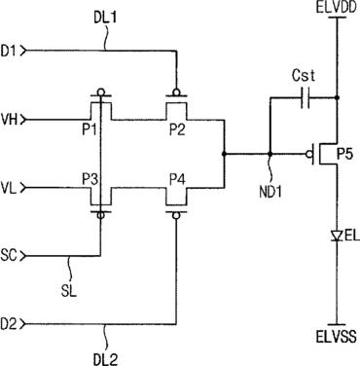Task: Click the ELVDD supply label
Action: pyautogui.click(x=337, y=8)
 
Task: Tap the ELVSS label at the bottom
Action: pyautogui.click(x=336, y=337)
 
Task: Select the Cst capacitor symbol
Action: pyautogui.click(x=306, y=97)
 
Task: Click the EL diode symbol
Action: pyautogui.click(x=338, y=236)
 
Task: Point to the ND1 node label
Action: pyautogui.click(x=270, y=192)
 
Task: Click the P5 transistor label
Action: pyautogui.click(x=344, y=155)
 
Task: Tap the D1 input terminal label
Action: pyautogui.click(x=9, y=51)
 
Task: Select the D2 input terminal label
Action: pyautogui.click(x=9, y=324)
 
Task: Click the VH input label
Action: pyautogui.click(x=9, y=121)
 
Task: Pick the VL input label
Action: pyautogui.click(x=9, y=188)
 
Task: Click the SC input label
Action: pyautogui.click(x=9, y=256)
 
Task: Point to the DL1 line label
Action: pyautogui.click(x=105, y=18)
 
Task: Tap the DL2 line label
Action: pyautogui.click(x=105, y=359)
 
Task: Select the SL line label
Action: pyautogui.click(x=69, y=291)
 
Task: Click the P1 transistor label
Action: pyautogui.click(x=89, y=130)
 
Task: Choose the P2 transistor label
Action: pyautogui.click(x=177, y=130)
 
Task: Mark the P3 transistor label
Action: pyautogui.click(x=90, y=179)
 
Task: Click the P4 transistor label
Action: pyautogui.click(x=177, y=179)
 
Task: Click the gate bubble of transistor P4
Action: pyautogui.click(x=176, y=215)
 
